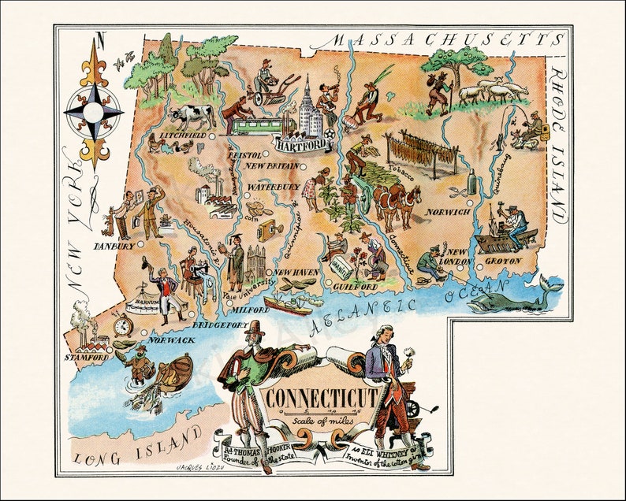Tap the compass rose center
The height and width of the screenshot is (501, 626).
[x=94, y=113]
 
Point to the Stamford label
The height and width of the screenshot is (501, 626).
[x=86, y=358]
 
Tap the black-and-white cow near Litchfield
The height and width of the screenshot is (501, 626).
[x=192, y=117]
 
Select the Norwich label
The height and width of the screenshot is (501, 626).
[x=448, y=212]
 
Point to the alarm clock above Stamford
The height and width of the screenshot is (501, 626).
[x=121, y=325]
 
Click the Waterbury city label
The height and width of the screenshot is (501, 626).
[x=274, y=187]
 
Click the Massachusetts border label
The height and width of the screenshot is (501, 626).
[x=446, y=40]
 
